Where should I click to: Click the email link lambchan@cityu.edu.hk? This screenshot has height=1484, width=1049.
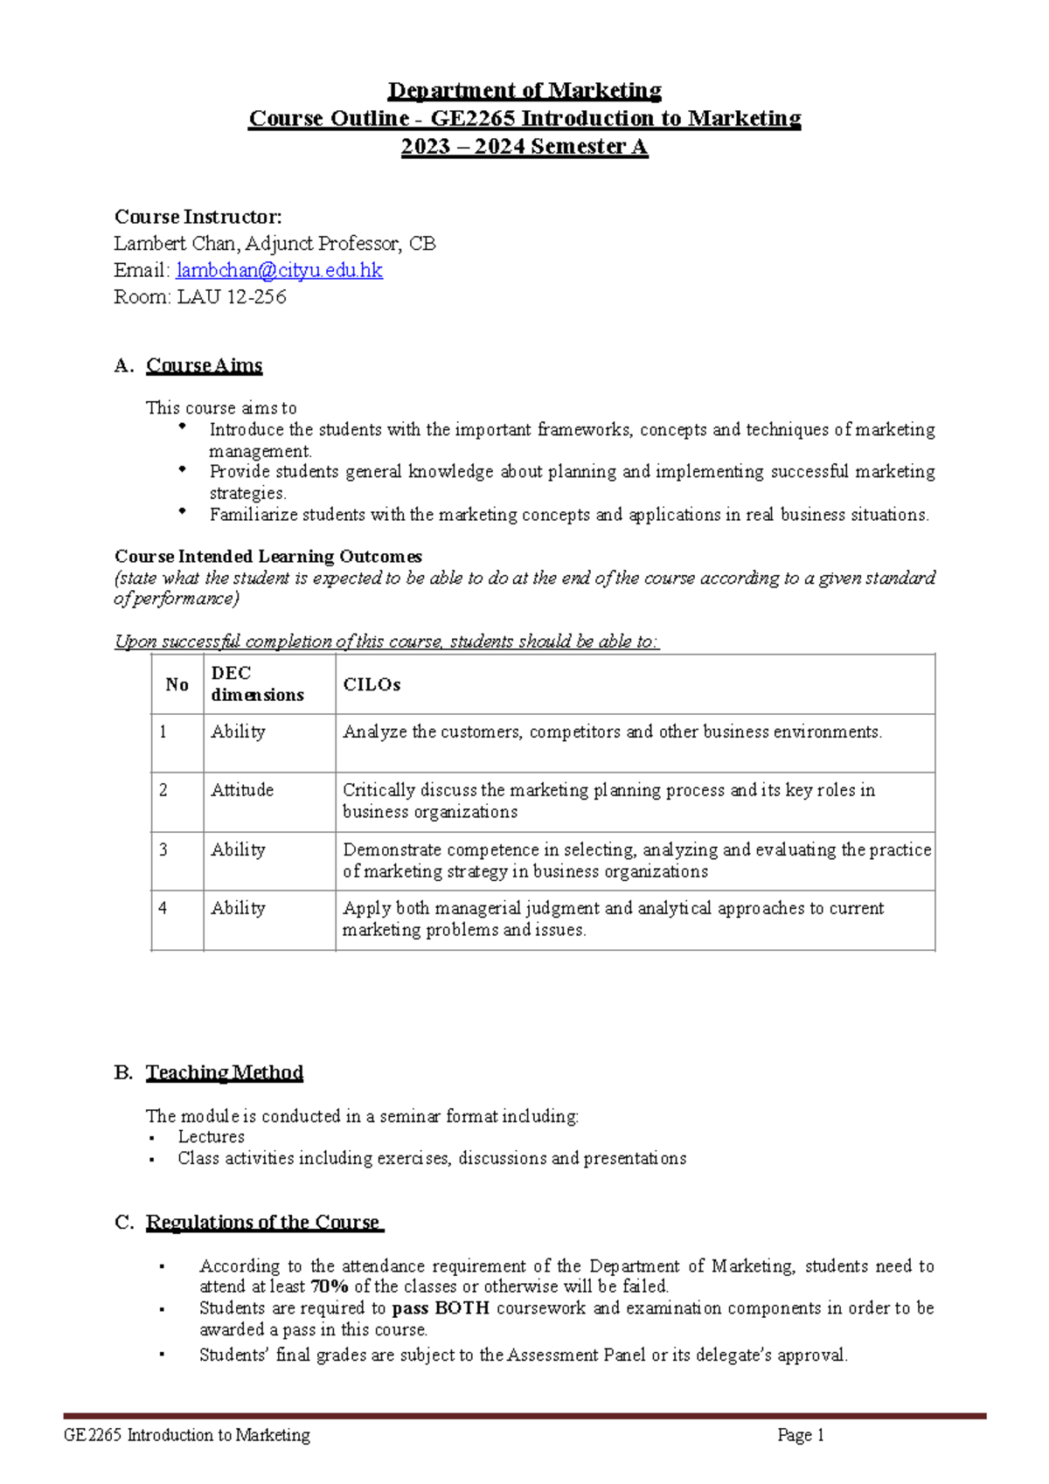click(279, 271)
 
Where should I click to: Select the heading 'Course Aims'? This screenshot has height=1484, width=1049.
click(204, 365)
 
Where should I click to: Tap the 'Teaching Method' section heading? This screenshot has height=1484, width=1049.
click(224, 1072)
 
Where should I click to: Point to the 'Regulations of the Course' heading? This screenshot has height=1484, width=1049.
click(263, 1222)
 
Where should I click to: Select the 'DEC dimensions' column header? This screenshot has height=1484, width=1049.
click(257, 684)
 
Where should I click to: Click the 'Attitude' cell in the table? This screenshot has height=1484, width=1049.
click(242, 790)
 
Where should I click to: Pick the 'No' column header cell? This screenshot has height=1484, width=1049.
click(177, 685)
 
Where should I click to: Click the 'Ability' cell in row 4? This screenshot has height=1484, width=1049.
click(238, 908)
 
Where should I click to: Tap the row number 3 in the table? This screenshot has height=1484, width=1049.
click(163, 849)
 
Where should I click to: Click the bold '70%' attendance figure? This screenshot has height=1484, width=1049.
click(330, 1286)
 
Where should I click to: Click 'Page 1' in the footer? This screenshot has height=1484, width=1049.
click(801, 1435)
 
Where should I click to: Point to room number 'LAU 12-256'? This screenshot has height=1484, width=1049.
click(232, 297)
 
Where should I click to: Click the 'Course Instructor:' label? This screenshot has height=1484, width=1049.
click(198, 217)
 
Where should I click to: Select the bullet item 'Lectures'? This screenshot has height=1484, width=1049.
click(211, 1137)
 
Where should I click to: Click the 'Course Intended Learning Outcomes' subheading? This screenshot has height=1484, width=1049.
click(267, 557)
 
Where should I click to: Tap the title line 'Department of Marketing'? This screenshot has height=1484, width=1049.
click(524, 91)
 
